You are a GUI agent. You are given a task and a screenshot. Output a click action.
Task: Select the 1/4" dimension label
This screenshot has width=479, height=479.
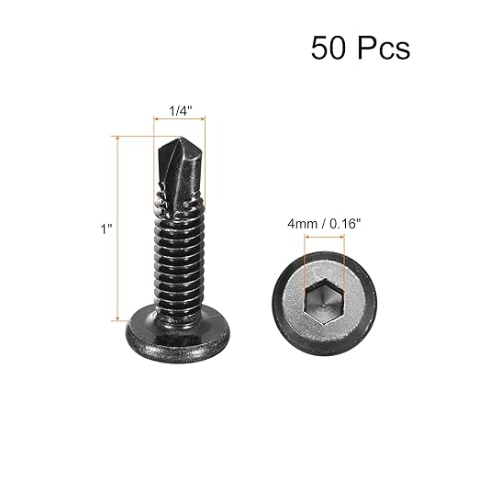click(x=181, y=111)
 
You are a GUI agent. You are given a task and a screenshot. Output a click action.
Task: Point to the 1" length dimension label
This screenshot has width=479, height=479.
click(x=106, y=230)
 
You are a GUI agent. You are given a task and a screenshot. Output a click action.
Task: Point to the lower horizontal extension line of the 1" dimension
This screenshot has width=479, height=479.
click(x=128, y=320)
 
